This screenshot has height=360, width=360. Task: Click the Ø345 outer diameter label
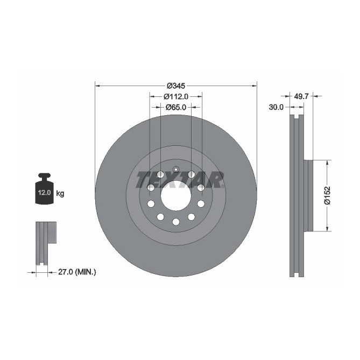point(175,86)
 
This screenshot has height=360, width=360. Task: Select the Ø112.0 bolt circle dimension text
point(175,96)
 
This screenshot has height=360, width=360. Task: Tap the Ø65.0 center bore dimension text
point(175,107)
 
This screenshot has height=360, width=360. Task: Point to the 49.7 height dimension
point(302,97)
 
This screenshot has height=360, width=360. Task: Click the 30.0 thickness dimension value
point(276,107)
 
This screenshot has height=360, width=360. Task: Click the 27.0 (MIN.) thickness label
point(76,273)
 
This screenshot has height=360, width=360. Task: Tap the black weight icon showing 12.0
point(44,189)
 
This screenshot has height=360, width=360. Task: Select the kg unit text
point(60,193)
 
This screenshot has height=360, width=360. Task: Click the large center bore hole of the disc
point(175,196)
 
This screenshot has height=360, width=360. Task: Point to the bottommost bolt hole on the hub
point(175,222)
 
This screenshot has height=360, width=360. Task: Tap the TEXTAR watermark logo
point(180,179)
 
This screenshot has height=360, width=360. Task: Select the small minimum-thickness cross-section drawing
point(45,242)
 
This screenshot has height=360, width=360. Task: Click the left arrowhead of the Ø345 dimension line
point(97,86)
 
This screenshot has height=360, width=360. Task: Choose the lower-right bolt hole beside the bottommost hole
point(191,216)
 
